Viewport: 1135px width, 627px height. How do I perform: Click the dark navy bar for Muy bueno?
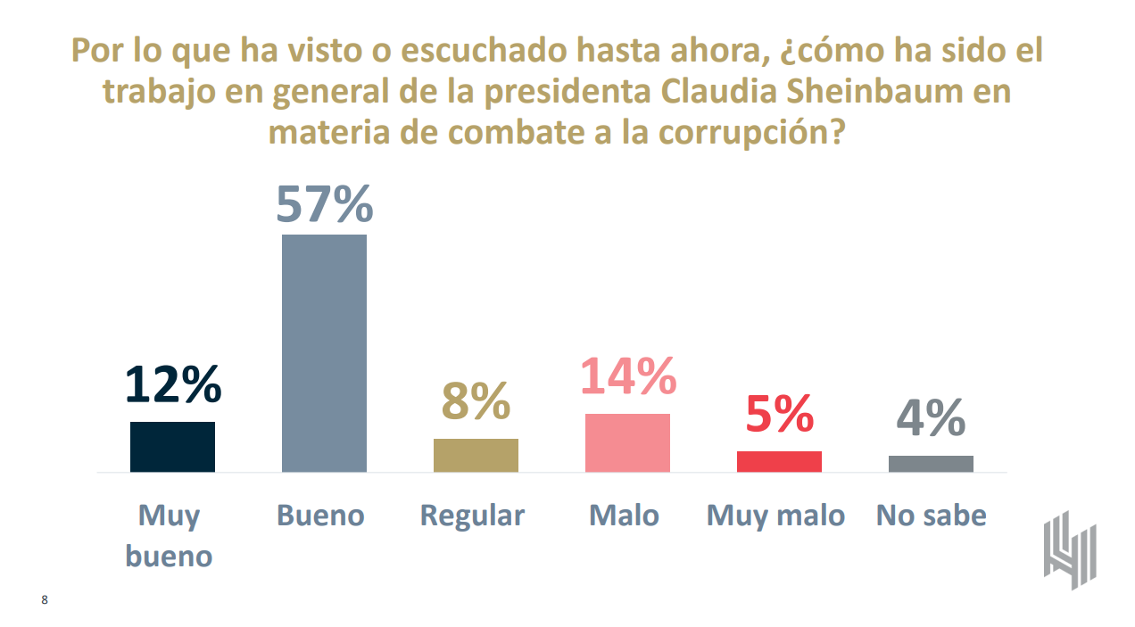pyautogui.click(x=172, y=446)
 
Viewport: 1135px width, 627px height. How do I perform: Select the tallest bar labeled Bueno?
pyautogui.click(x=324, y=353)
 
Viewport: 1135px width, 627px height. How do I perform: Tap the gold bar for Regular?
pyautogui.click(x=476, y=455)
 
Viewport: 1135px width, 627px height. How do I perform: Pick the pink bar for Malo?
pyautogui.click(x=627, y=442)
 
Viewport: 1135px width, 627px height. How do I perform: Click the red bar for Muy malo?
pyautogui.click(x=779, y=461)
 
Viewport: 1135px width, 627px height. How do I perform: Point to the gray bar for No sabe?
pyautogui.click(x=931, y=463)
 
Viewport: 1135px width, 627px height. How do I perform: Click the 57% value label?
pyautogui.click(x=324, y=203)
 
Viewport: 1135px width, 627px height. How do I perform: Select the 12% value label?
pyautogui.click(x=172, y=385)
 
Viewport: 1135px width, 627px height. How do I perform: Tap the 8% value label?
pyautogui.click(x=476, y=402)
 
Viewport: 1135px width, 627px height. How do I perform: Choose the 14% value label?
pyautogui.click(x=628, y=376)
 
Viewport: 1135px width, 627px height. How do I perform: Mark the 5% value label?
pyautogui.click(x=779, y=414)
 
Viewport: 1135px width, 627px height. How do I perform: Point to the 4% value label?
pyautogui.click(x=931, y=417)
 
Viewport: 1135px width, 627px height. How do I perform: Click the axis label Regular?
pyautogui.click(x=472, y=516)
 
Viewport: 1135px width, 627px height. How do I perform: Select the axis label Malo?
pyautogui.click(x=624, y=516)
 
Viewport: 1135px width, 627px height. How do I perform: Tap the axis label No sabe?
pyautogui.click(x=931, y=516)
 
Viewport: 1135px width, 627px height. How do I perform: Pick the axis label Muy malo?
pyautogui.click(x=775, y=516)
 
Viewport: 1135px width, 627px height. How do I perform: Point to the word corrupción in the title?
pyautogui.click(x=750, y=132)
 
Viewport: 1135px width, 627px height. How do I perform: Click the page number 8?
pyautogui.click(x=45, y=600)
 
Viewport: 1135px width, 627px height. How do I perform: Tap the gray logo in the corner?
pyautogui.click(x=1070, y=549)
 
